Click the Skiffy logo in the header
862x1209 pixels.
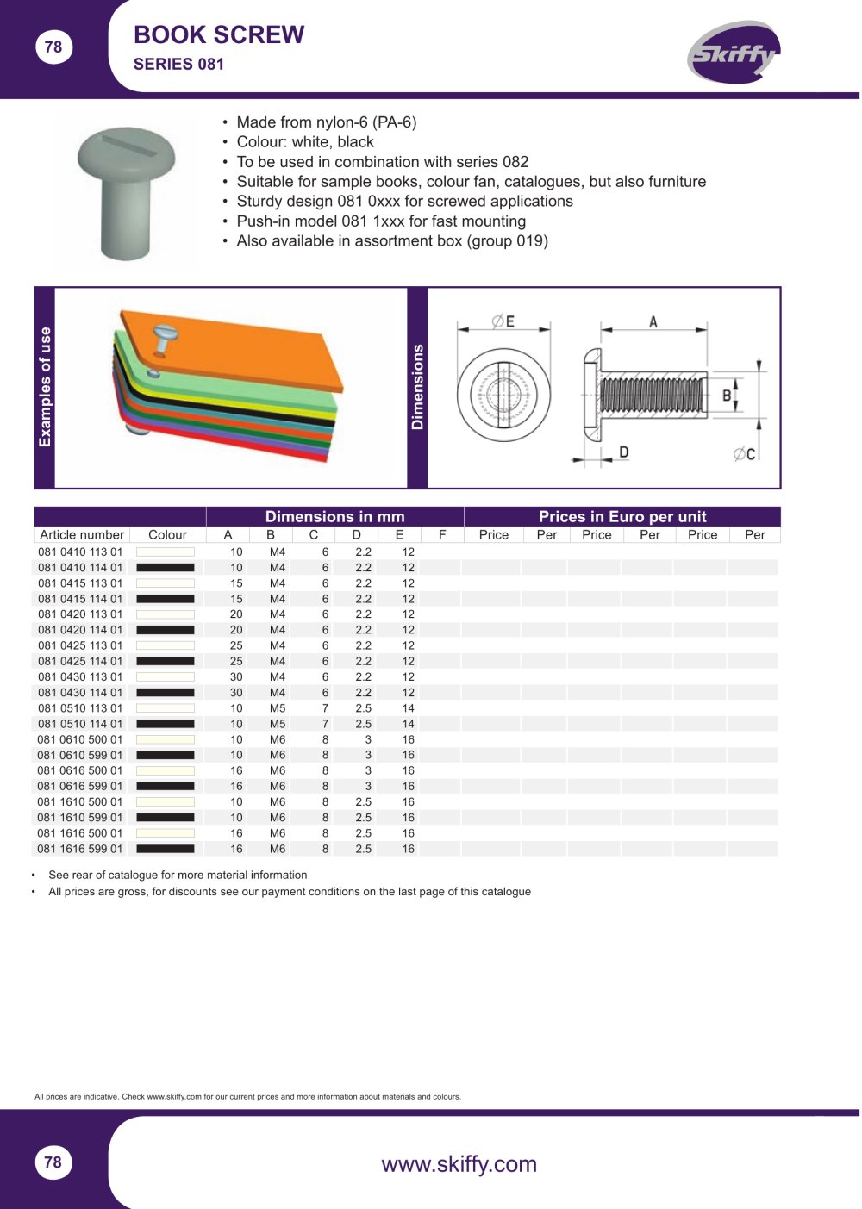point(734,52)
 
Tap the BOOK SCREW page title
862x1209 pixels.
point(219,34)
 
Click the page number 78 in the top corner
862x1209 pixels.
point(53,47)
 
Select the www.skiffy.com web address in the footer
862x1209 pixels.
point(459,1164)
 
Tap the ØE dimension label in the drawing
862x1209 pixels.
point(503,321)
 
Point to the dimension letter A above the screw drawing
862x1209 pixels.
point(653,322)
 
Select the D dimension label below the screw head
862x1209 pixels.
point(623,452)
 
